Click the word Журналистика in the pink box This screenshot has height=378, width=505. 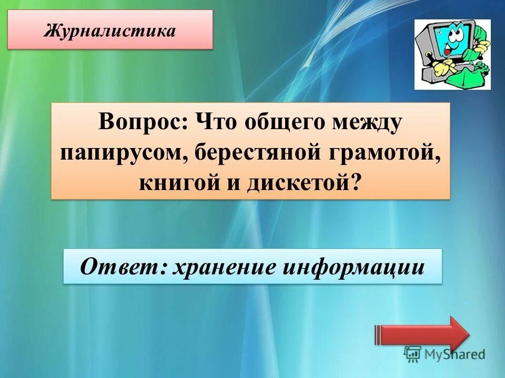point(110,30)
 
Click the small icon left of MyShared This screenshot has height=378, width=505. point(412,354)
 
